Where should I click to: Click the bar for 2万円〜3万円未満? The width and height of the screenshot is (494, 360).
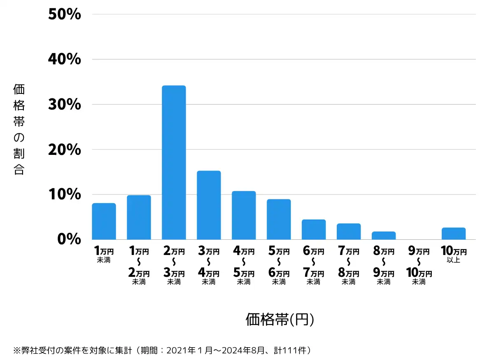click(x=174, y=162)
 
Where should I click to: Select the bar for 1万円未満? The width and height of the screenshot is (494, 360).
click(x=104, y=221)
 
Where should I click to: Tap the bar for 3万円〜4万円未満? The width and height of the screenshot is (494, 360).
click(x=209, y=205)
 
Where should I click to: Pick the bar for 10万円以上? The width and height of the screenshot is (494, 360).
click(x=454, y=234)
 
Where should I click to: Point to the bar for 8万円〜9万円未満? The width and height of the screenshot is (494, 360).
click(x=384, y=236)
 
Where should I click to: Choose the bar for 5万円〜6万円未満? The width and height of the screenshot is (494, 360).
click(x=279, y=219)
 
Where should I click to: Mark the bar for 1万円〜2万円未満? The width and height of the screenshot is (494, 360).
click(x=139, y=217)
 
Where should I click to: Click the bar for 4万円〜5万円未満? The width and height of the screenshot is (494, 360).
click(x=244, y=215)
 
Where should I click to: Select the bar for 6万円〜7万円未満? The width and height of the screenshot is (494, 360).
click(x=314, y=229)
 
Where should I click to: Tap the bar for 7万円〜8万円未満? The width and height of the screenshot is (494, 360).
click(x=349, y=231)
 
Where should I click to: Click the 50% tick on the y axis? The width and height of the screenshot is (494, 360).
click(x=64, y=14)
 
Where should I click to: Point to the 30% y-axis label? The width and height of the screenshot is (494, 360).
click(x=64, y=104)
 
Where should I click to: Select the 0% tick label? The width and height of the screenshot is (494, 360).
click(x=69, y=239)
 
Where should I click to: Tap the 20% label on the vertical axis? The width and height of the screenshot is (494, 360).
click(x=64, y=150)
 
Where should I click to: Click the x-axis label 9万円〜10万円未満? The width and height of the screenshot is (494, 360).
click(x=419, y=266)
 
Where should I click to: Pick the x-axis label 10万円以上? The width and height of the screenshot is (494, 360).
click(x=454, y=255)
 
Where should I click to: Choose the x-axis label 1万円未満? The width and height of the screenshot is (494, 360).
click(x=104, y=255)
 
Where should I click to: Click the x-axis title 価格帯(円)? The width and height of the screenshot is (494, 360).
click(x=280, y=320)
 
